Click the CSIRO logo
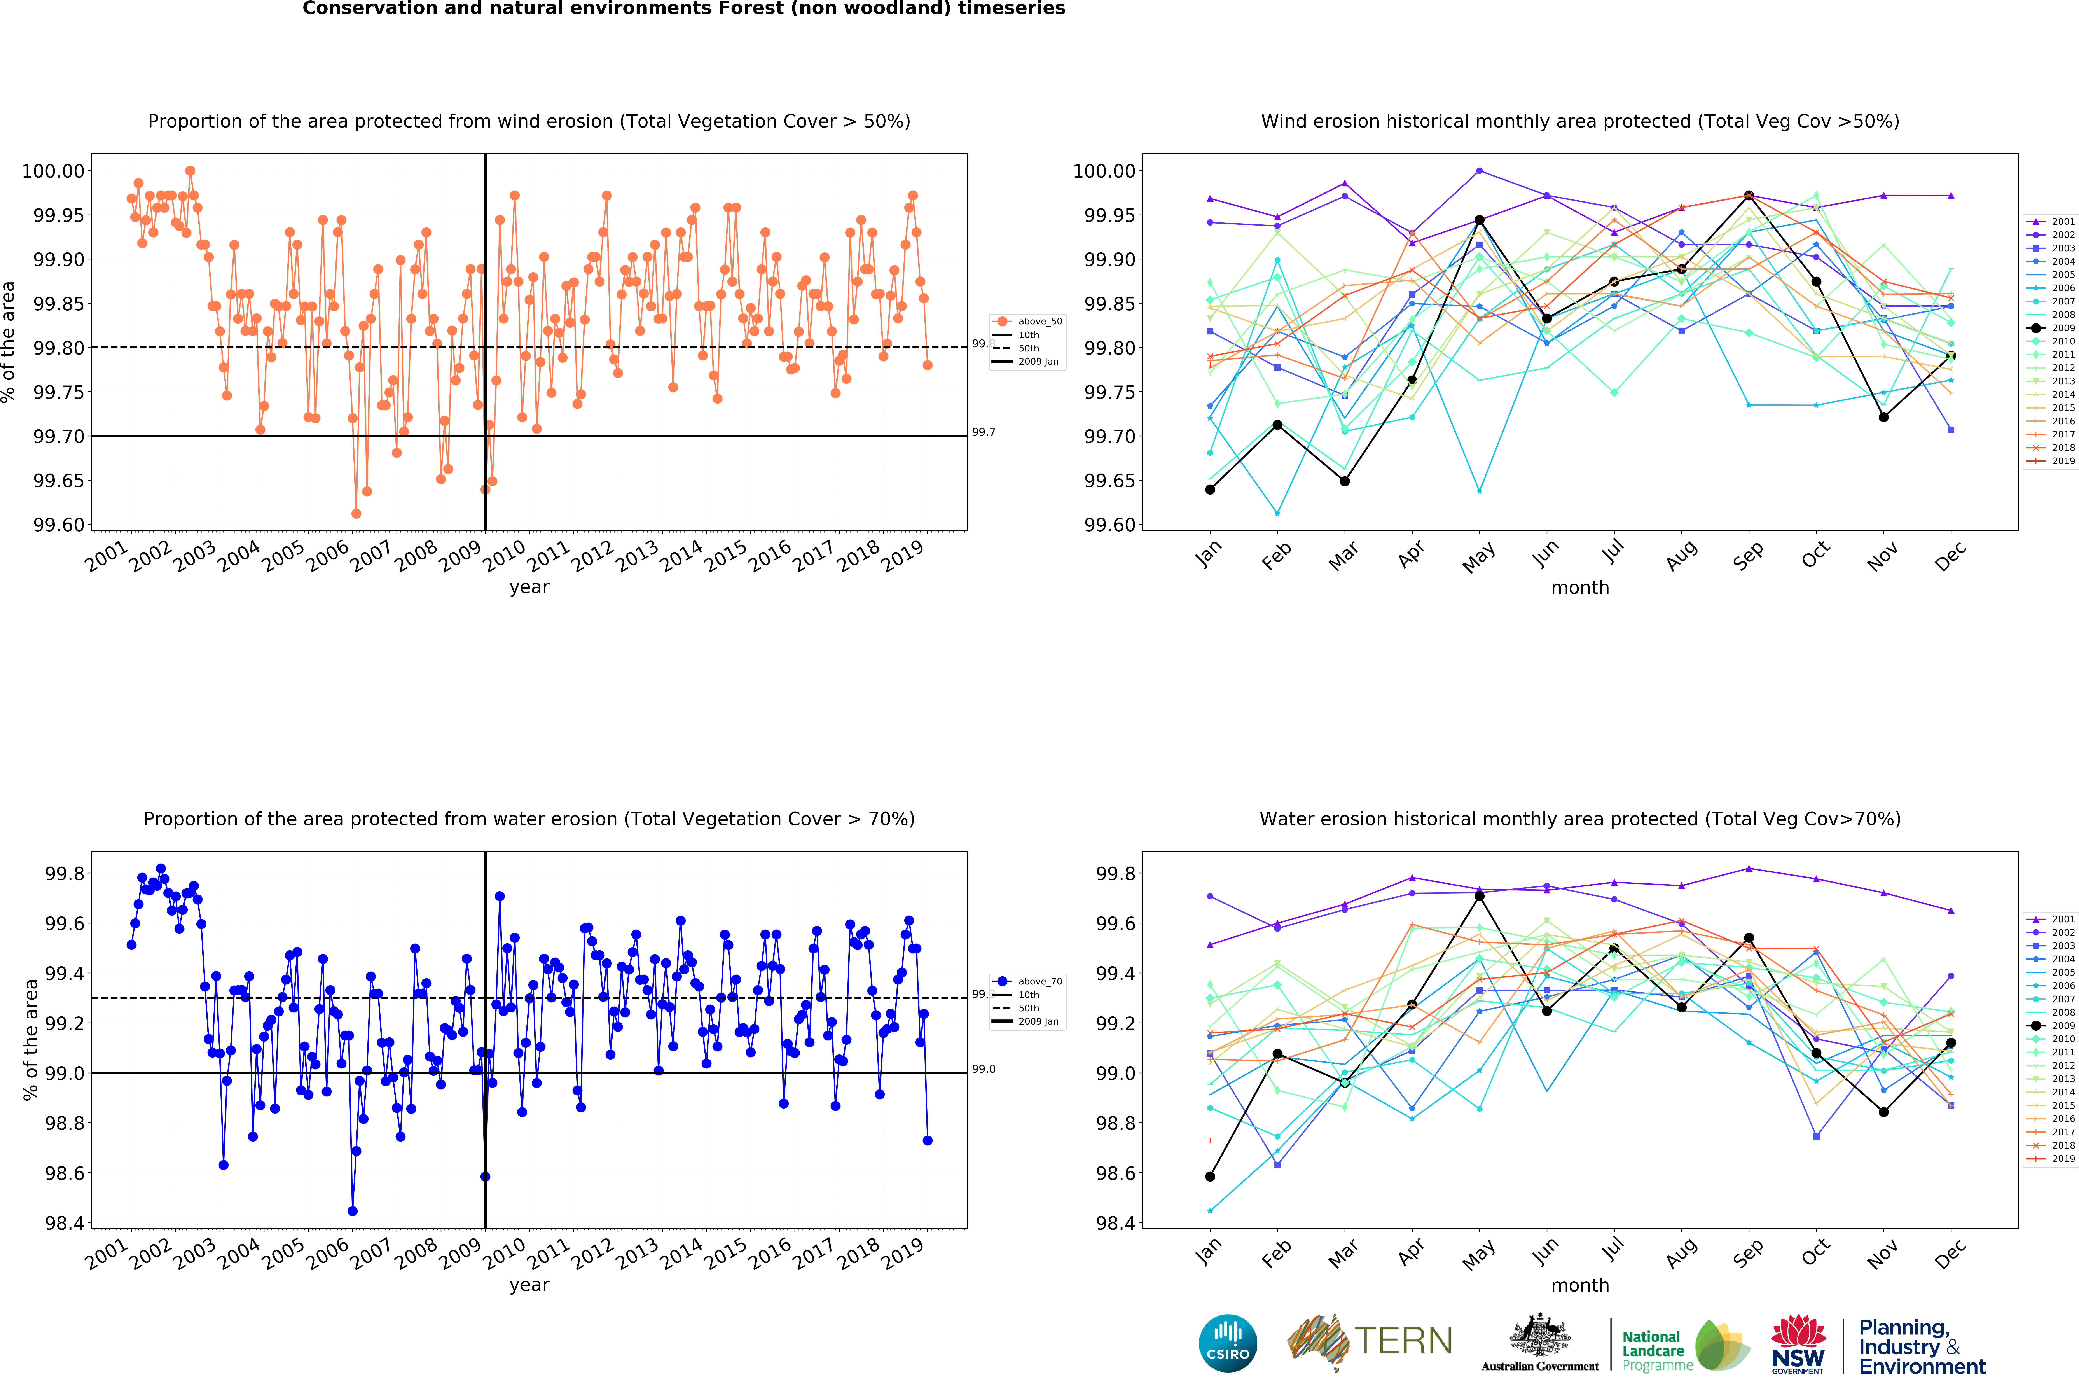tap(1227, 1343)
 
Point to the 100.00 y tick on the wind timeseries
tap(53, 171)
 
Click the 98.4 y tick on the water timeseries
tap(64, 1223)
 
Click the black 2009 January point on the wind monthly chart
tap(1210, 489)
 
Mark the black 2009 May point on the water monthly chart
tap(1480, 896)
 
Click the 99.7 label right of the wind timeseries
tap(983, 432)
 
